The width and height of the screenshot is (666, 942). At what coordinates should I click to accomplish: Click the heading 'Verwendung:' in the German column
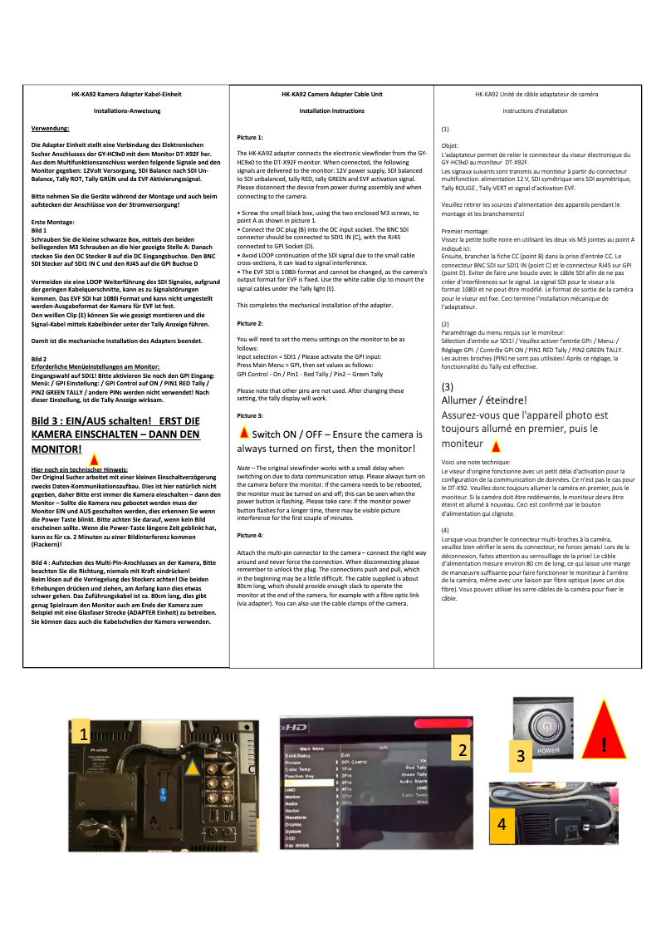click(51, 129)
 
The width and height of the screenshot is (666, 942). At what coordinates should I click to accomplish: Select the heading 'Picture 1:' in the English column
click(250, 135)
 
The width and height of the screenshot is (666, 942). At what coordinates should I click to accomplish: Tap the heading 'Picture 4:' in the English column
click(250, 535)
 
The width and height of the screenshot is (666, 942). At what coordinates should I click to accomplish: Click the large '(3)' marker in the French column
click(448, 386)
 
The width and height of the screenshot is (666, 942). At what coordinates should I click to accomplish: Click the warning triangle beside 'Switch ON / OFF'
click(243, 433)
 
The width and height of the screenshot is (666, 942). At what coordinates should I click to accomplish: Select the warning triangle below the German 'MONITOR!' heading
click(95, 459)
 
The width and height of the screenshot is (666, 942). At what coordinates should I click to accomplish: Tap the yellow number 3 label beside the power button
click(520, 757)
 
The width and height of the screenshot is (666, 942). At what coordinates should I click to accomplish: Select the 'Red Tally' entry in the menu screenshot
click(415, 768)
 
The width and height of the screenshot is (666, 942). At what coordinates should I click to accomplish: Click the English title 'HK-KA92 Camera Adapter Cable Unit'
click(332, 95)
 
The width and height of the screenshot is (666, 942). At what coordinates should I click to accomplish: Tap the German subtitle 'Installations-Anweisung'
click(127, 110)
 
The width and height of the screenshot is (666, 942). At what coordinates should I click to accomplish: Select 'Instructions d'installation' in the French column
click(535, 110)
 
